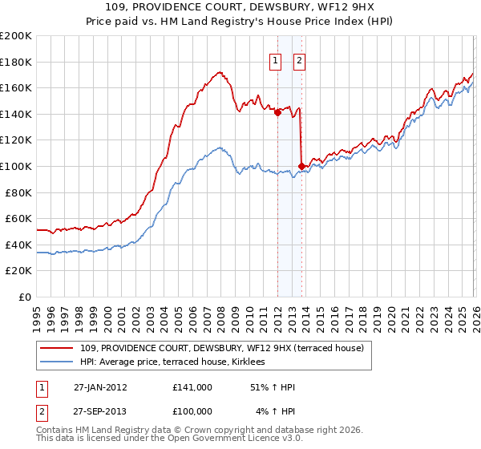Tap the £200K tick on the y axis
pyautogui.click(x=16, y=36)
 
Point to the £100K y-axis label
pyautogui.click(x=16, y=166)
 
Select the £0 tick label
pyautogui.click(x=25, y=297)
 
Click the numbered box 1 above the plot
pyautogui.click(x=275, y=59)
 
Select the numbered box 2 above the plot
pyautogui.click(x=299, y=59)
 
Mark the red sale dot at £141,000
pyautogui.click(x=277, y=113)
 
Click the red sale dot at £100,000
pyautogui.click(x=301, y=166)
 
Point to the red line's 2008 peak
pyautogui.click(x=219, y=72)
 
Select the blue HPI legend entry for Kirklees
pyautogui.click(x=179, y=362)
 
